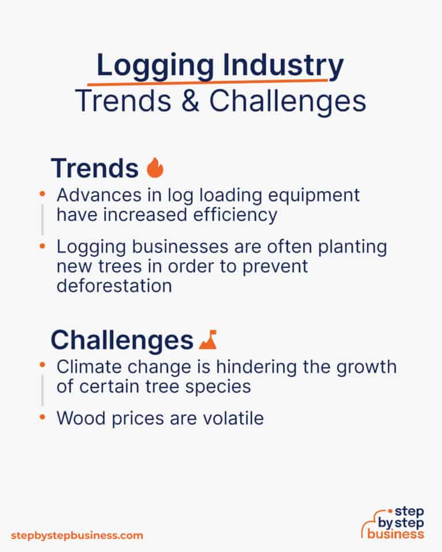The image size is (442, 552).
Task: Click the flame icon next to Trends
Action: click(155, 168)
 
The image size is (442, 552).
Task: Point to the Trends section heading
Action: click(94, 168)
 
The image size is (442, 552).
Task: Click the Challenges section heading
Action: click(121, 340)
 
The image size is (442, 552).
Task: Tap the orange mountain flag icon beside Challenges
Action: click(208, 340)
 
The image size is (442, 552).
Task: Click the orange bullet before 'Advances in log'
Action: click(41, 195)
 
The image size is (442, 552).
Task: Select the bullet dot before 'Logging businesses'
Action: click(41, 247)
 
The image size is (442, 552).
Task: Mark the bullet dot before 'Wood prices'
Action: click(41, 417)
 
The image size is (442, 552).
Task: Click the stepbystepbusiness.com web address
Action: click(77, 535)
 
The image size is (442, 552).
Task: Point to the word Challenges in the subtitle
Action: click(287, 101)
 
